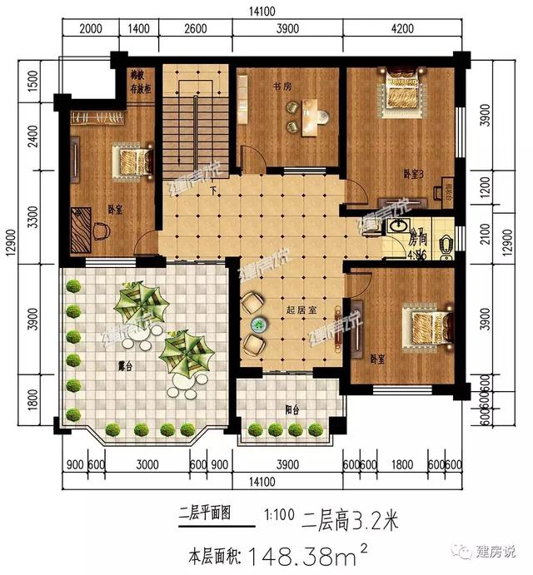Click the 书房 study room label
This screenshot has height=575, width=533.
281,86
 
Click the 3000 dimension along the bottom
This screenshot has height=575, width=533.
147,464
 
